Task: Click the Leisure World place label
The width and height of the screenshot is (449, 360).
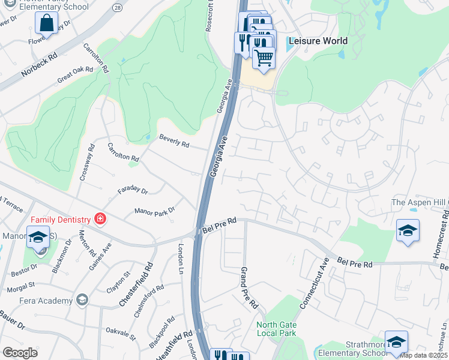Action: pyautogui.click(x=318, y=41)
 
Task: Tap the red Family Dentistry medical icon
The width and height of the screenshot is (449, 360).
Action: pyautogui.click(x=100, y=220)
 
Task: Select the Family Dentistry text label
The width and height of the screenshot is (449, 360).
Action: pyautogui.click(x=59, y=220)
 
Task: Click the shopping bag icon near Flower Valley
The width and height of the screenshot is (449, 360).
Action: pyautogui.click(x=46, y=23)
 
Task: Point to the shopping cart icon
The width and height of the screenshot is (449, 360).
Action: pyautogui.click(x=264, y=58)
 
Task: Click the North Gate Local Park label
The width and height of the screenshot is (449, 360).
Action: pyautogui.click(x=276, y=329)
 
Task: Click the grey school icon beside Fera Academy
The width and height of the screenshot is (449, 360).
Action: pyautogui.click(x=82, y=300)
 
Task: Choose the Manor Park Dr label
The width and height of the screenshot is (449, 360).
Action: pyautogui.click(x=154, y=211)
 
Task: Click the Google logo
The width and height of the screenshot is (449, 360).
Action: pyautogui.click(x=20, y=352)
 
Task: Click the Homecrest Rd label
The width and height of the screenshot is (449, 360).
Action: pyautogui.click(x=438, y=240)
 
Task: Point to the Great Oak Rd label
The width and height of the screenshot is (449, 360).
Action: pyautogui.click(x=75, y=74)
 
